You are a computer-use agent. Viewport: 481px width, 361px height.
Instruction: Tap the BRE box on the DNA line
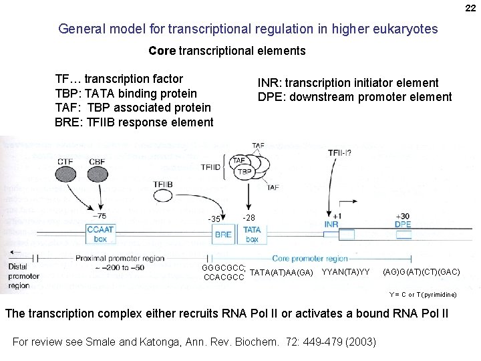tap(223, 235)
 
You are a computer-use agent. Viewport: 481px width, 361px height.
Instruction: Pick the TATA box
tap(252, 234)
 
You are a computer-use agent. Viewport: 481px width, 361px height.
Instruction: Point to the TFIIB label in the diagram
tap(164, 184)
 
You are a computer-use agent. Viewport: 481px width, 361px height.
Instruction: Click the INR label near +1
tap(331, 225)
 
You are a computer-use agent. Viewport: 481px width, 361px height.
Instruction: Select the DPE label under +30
tap(403, 225)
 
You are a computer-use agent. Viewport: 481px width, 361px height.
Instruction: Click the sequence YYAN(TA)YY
tap(345, 272)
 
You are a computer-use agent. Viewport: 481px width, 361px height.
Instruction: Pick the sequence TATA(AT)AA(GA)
tap(281, 272)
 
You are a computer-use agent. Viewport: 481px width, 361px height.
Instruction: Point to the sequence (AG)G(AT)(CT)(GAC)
tap(421, 272)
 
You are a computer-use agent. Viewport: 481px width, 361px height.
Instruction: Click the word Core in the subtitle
tap(162, 51)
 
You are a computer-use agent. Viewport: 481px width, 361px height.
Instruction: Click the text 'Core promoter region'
tap(310, 258)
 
